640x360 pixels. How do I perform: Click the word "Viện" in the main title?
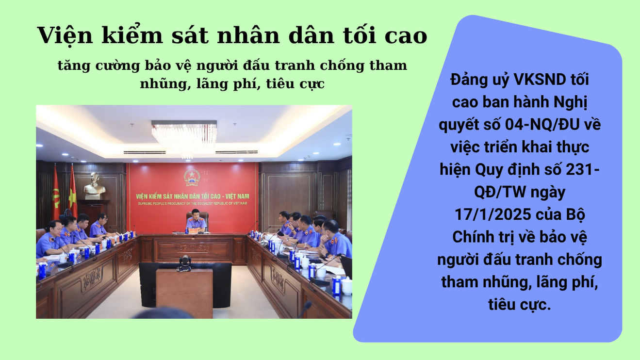point(65,35)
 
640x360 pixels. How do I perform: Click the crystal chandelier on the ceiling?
point(184,139)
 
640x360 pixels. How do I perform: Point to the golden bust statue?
point(95,186)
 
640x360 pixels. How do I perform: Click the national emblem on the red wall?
point(192,178)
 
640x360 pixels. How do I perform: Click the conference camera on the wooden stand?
point(184,263)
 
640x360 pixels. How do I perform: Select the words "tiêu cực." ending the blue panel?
point(520,304)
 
